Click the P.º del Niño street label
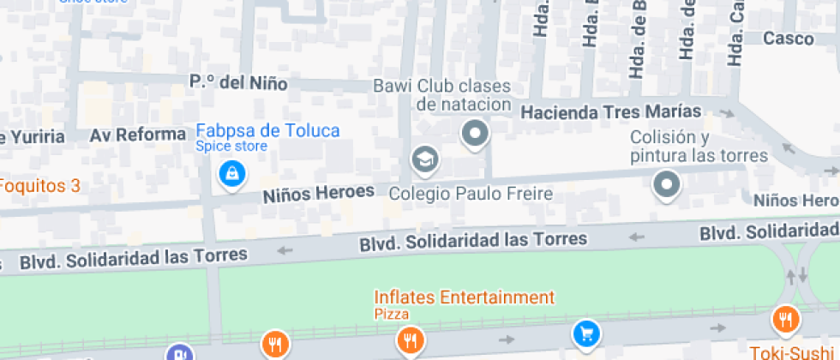pos(238,83)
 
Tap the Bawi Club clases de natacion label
pos(441,95)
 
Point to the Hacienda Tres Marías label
pos(611,111)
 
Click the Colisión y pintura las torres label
pos(699,147)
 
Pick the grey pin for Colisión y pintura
pos(666,184)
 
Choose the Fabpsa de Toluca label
pos(267,130)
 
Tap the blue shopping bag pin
pos(231,175)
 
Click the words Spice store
pos(231,147)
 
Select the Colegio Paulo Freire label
pos(471,194)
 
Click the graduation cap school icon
pos(424,159)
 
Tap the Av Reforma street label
pos(138,135)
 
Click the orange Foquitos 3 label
pos(39,185)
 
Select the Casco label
pos(788,39)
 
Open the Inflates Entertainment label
pos(464,297)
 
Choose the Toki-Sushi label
pos(794,351)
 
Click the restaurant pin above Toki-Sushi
pos(784,320)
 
